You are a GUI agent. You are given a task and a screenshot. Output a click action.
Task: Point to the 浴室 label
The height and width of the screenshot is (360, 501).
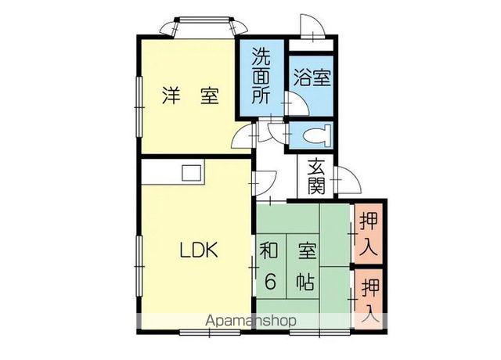(312, 78)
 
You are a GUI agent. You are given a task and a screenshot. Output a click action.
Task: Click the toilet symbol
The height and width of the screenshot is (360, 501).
(317, 135)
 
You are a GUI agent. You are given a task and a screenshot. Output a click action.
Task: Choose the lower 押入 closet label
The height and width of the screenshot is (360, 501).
(369, 300)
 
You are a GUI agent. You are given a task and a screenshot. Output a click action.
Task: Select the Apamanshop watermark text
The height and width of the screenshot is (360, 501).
(250, 321)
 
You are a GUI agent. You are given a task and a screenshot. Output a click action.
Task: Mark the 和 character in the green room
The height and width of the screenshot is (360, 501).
(269, 252)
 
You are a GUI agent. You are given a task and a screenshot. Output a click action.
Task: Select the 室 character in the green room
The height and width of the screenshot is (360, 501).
(305, 252)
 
